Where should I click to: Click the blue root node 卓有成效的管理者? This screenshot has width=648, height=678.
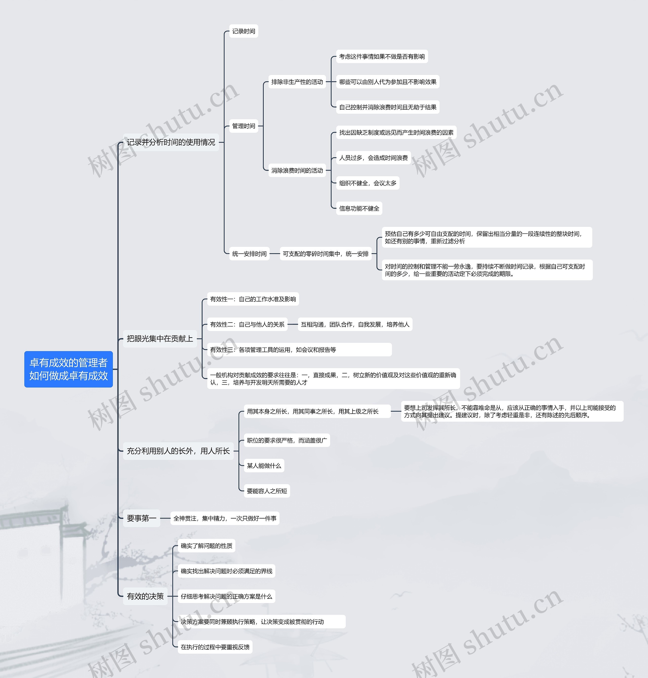(x=68, y=369)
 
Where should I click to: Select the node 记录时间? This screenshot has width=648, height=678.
(x=244, y=31)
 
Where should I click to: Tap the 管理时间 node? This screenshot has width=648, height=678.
(x=244, y=126)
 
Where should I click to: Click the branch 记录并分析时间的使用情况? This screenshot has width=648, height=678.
(x=171, y=142)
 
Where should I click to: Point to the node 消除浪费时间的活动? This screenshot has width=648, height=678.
(x=297, y=171)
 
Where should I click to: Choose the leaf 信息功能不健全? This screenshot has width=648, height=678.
(x=359, y=209)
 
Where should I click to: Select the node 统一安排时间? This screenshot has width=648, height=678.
(x=249, y=254)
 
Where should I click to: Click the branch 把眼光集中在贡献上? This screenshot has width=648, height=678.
(x=159, y=339)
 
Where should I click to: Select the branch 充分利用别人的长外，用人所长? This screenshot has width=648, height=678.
(x=178, y=451)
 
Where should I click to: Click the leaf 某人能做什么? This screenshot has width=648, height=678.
(x=264, y=466)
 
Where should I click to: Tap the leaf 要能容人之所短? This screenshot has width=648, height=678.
(x=267, y=491)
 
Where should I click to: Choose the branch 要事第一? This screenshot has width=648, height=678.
(x=141, y=518)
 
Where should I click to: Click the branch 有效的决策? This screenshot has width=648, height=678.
(x=145, y=596)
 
